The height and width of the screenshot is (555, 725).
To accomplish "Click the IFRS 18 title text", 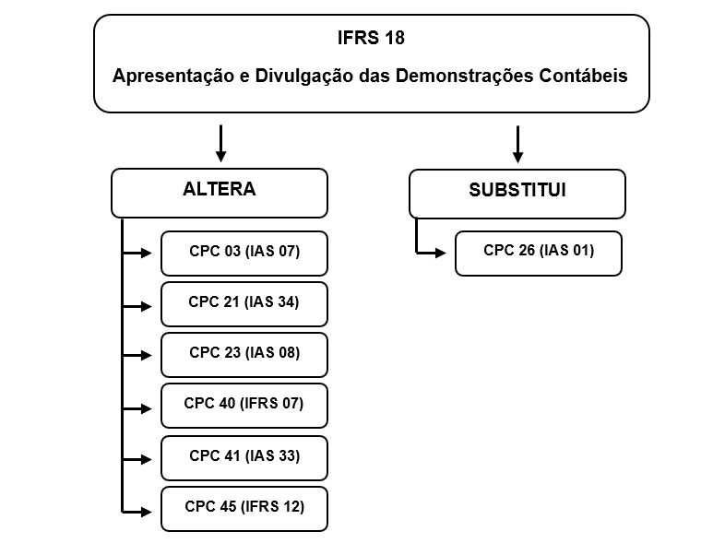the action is pos(371,38).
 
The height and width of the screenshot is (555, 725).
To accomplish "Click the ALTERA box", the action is pos(220,194).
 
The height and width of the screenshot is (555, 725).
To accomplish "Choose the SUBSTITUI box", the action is pos(517,195).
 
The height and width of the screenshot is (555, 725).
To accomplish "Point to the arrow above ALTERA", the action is pos(221,143).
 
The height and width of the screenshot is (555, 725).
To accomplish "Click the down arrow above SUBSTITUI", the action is pos(517,144).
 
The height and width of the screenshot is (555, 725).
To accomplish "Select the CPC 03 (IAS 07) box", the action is pos(244,254).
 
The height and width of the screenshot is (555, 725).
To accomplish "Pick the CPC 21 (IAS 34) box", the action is pos(244,304).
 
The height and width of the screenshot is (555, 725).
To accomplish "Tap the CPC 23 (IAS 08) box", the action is pos(244,355).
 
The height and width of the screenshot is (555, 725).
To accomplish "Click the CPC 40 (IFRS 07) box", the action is pos(244,406).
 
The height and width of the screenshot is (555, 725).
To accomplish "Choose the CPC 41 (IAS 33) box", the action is pos(244,458).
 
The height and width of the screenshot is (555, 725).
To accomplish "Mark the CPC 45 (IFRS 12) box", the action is pos(244,509).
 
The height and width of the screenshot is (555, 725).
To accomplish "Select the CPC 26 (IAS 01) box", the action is pos(539,254).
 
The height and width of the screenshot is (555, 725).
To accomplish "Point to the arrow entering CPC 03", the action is pos(137,253).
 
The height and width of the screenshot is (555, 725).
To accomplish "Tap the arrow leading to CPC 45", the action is pos(137,512).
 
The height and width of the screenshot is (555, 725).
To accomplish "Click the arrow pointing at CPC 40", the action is pos(137,408).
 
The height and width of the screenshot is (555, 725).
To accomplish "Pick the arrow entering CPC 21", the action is pos(137,306).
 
